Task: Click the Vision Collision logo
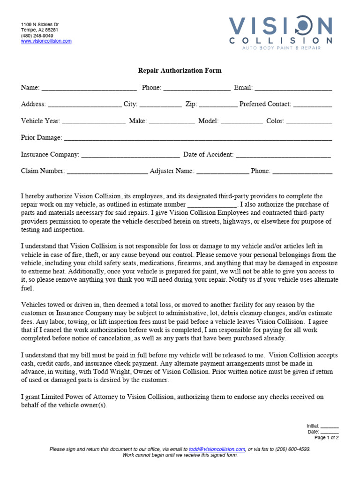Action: pos(280,31)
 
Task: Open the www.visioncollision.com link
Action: pos(46,41)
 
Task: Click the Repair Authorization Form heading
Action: pos(180,71)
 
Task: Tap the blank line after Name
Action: pos(89,88)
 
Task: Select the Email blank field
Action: pos(293,88)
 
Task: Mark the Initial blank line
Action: pos(330,426)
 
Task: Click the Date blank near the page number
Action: pos(330,432)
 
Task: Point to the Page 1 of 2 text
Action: pos(326,438)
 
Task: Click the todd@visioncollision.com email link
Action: pos(217,449)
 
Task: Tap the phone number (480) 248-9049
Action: pos(37,36)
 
